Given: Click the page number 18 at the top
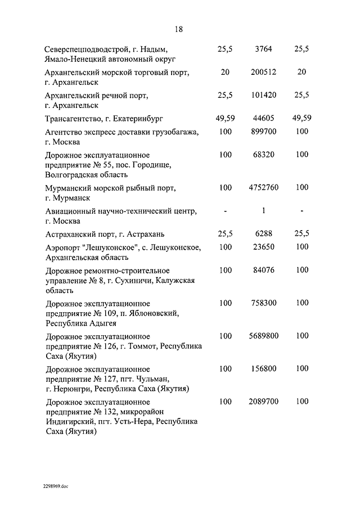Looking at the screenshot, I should tap(179, 29).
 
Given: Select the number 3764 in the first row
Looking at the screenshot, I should tap(263, 49).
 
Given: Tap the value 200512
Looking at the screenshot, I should tap(263, 72).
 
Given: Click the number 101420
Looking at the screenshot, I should tap(263, 95).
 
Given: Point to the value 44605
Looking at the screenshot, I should tap(263, 118).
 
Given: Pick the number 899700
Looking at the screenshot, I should tap(263, 132).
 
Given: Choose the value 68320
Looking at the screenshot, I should tap(263, 155).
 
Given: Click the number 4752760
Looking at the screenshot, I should tap(263, 187).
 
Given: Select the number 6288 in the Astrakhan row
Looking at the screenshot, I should tap(263, 233).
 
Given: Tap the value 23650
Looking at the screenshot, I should tap(263, 247).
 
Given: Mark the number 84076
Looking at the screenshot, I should tap(263, 270).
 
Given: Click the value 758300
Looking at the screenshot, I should tap(263, 303).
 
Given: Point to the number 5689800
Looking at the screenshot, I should tap(263, 336).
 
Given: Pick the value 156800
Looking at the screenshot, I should tap(263, 369).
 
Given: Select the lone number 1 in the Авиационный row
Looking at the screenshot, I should tap(263, 210).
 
